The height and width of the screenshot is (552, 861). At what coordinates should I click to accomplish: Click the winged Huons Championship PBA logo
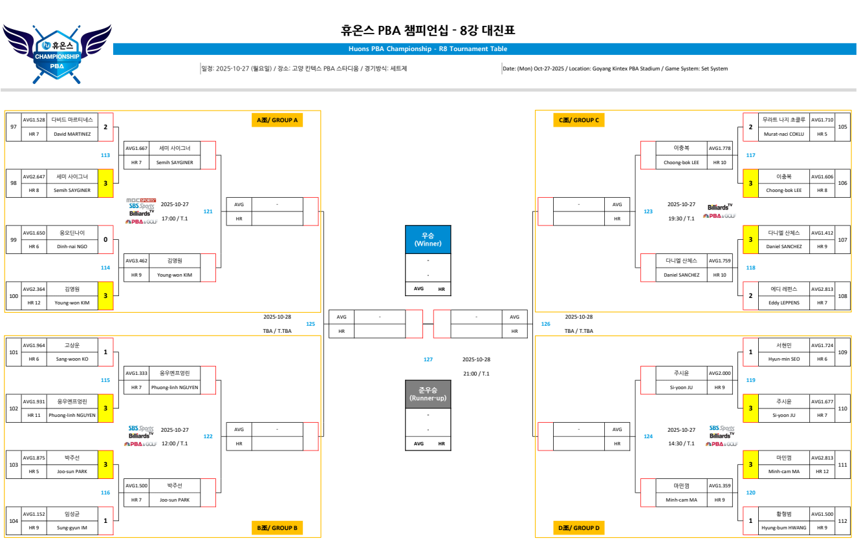[x=57, y=54]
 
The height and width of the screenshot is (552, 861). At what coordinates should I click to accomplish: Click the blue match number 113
[x=105, y=155]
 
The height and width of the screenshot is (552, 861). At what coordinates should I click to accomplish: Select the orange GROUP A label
[x=278, y=120]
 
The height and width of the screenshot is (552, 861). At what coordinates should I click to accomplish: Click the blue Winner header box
[x=428, y=239]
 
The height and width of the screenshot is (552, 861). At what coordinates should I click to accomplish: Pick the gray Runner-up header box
[x=428, y=394]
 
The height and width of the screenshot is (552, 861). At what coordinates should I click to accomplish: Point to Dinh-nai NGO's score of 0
[x=105, y=240]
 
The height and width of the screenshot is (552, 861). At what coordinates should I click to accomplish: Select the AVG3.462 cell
[x=136, y=261]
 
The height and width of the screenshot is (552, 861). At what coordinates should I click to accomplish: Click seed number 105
[x=842, y=127]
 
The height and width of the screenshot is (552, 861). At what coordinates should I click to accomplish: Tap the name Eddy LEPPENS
[x=785, y=303]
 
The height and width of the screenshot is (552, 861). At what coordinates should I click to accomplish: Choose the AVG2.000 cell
[x=719, y=373]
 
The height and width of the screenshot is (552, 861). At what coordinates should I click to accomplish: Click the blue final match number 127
[x=428, y=359]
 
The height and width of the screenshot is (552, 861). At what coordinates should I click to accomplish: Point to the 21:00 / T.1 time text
[x=476, y=374]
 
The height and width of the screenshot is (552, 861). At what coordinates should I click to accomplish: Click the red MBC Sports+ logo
[x=141, y=200]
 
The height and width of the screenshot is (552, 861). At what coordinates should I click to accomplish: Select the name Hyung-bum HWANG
[x=784, y=527]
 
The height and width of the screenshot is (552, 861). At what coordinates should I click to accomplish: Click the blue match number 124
[x=648, y=436]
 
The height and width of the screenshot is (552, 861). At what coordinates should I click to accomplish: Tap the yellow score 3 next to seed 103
[x=105, y=465]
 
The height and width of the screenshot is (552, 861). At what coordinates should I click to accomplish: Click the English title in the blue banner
[x=428, y=49]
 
